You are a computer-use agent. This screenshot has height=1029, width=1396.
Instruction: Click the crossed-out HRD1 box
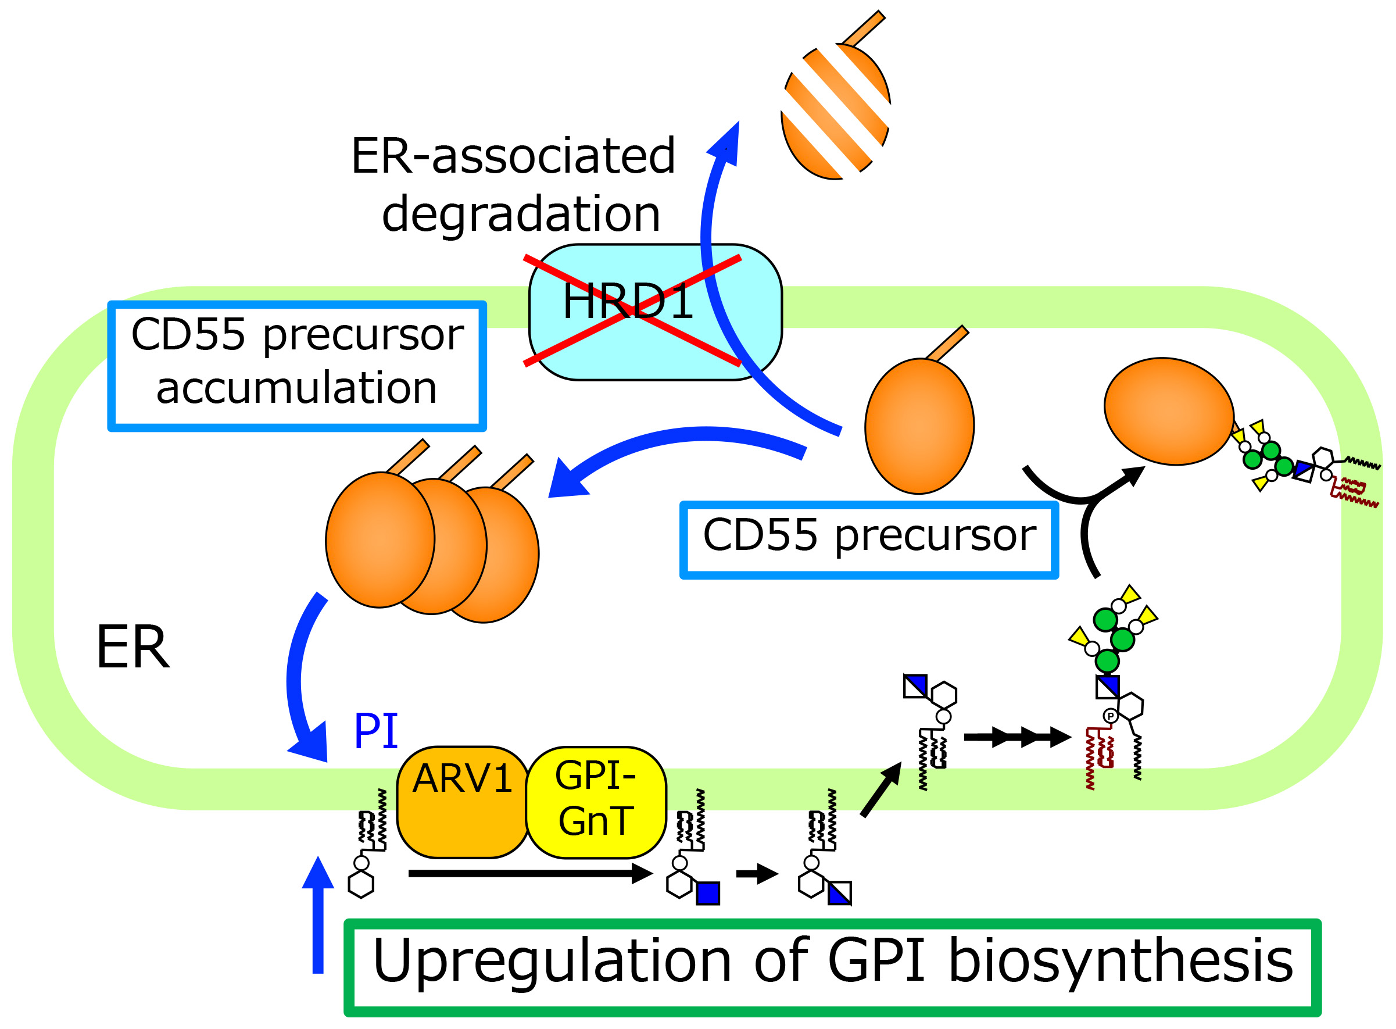click(654, 311)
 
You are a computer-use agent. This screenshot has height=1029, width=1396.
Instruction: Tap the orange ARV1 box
click(462, 802)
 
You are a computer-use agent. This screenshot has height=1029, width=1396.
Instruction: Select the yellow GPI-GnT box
click(595, 802)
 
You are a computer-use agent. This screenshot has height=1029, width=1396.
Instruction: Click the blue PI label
click(375, 730)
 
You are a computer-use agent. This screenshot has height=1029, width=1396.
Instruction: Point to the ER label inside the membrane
click(133, 648)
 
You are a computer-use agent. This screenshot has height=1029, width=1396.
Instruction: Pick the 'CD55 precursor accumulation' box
click(296, 366)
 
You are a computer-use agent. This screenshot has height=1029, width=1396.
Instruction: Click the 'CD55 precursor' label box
click(869, 539)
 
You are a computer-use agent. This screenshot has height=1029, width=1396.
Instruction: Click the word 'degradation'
click(521, 214)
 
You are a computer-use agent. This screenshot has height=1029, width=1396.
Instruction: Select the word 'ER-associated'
click(513, 156)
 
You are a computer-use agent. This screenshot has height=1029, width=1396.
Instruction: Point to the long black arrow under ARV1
click(529, 874)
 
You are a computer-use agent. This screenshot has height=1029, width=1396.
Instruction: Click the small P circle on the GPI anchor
click(1110, 716)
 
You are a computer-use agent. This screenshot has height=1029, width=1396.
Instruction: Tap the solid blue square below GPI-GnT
click(707, 893)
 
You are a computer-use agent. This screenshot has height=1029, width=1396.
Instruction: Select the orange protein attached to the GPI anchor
click(1168, 411)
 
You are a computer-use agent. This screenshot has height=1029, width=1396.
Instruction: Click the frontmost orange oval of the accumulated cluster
click(380, 539)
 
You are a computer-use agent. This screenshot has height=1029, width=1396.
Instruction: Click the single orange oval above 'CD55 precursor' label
click(919, 426)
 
